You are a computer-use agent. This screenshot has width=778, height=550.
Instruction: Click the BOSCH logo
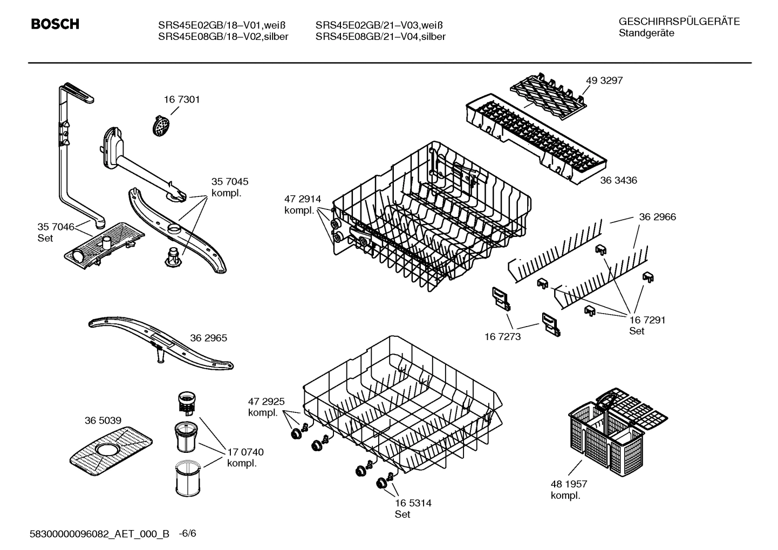pyautogui.click(x=55, y=24)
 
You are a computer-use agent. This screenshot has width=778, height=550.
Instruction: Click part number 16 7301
pyautogui.click(x=182, y=99)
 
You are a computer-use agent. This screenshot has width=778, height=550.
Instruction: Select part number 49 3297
pyautogui.click(x=604, y=80)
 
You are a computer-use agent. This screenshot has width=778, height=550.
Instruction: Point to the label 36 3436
pyautogui.click(x=618, y=180)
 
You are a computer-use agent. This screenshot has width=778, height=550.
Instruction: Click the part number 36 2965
pyautogui.click(x=208, y=338)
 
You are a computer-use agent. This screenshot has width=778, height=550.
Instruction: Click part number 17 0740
pyautogui.click(x=245, y=452)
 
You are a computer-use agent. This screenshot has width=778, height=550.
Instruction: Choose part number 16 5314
pyautogui.click(x=413, y=503)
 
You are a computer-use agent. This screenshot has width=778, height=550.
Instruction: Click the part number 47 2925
pyautogui.click(x=266, y=402)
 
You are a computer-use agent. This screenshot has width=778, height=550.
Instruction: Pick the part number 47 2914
pyautogui.click(x=302, y=199)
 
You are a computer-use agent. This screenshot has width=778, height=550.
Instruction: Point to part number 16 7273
pyautogui.click(x=502, y=337)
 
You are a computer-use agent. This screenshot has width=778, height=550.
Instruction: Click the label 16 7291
pyautogui.click(x=647, y=320)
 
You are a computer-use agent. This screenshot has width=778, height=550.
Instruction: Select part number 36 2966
pyautogui.click(x=657, y=217)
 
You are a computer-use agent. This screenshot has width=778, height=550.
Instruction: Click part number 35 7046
pyautogui.click(x=56, y=227)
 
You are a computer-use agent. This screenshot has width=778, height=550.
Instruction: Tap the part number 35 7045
pyautogui.click(x=230, y=182)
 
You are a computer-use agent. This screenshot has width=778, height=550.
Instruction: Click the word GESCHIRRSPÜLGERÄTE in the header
pyautogui.click(x=679, y=22)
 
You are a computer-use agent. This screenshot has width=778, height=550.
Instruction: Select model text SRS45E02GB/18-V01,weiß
pyautogui.click(x=221, y=25)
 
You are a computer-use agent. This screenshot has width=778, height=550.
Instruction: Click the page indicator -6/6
pyautogui.click(x=187, y=534)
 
